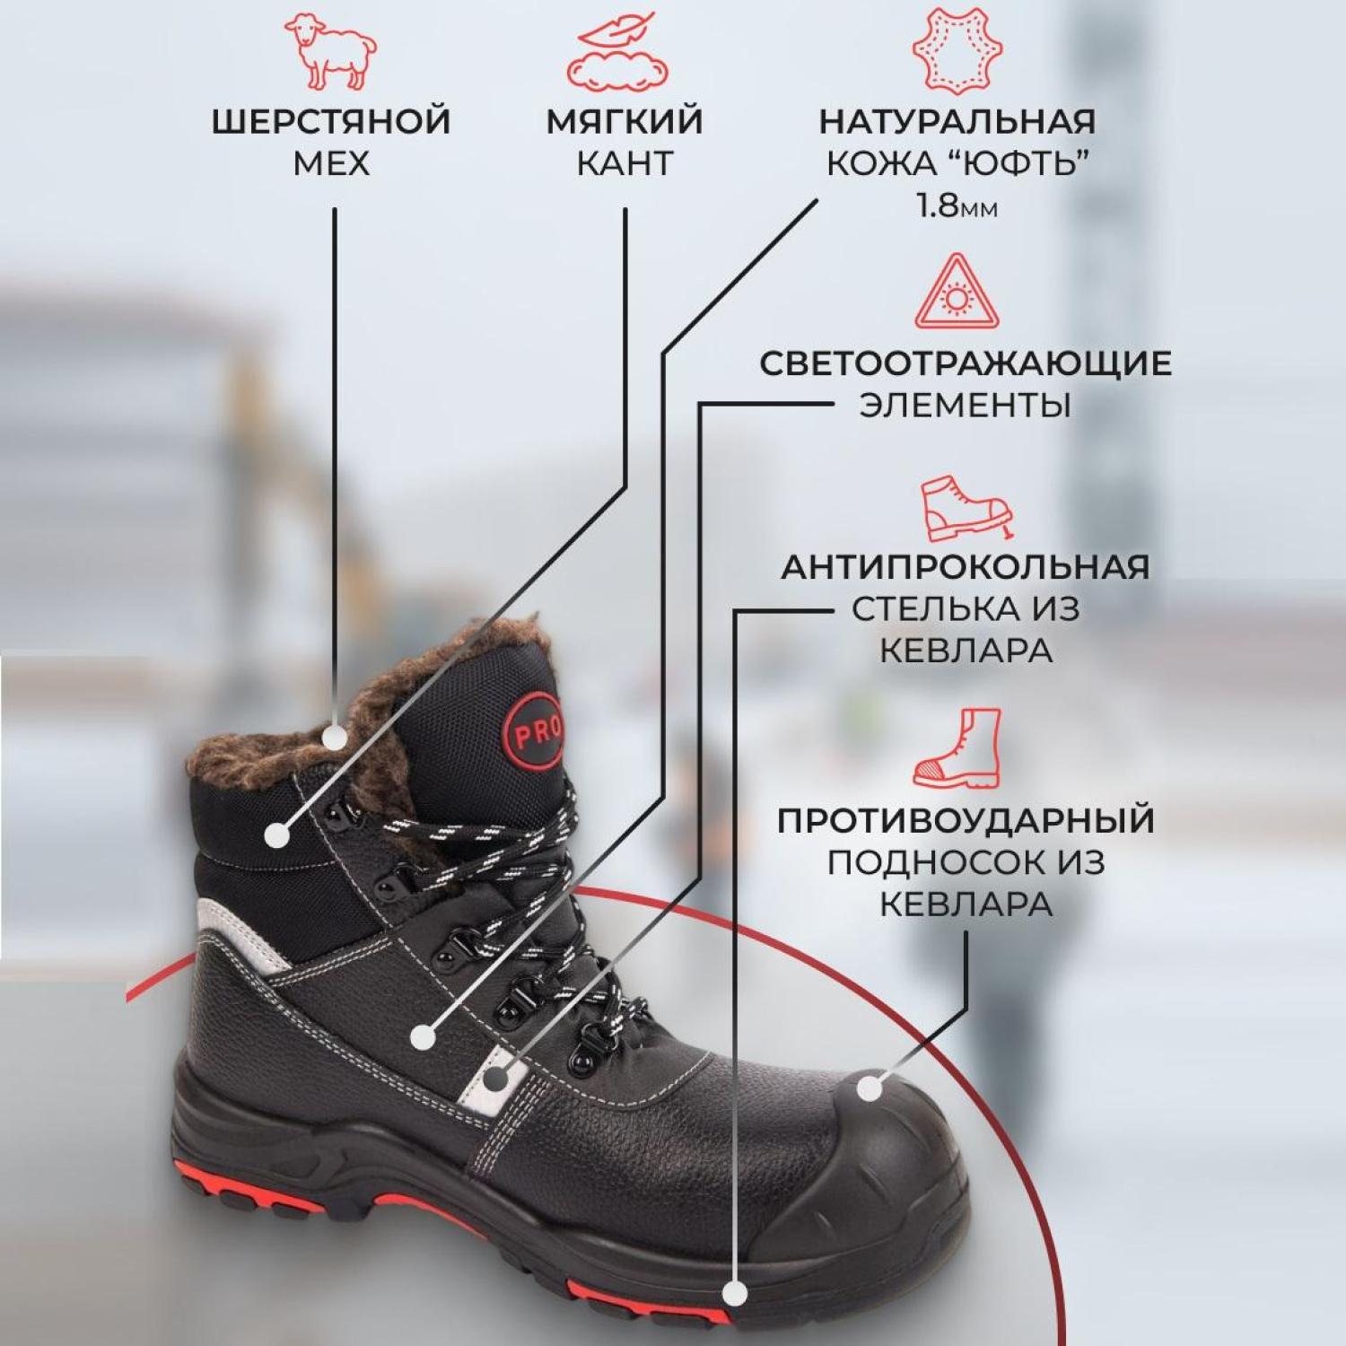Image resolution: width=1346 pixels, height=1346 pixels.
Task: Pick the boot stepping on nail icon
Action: coord(966,508)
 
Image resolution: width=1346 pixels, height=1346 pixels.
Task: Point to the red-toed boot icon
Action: coord(957,749)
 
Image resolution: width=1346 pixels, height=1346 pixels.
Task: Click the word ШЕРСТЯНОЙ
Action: coord(331,122)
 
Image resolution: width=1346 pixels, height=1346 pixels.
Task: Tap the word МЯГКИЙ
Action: coord(625,122)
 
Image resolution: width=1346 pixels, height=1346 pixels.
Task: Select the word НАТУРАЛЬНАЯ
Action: coord(957,122)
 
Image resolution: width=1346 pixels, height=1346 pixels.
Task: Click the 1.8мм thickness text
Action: coord(957,205)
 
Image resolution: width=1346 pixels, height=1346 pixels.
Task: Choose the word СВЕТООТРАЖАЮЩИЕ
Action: coord(966,363)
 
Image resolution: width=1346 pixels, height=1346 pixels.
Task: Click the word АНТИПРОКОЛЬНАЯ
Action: coord(966,567)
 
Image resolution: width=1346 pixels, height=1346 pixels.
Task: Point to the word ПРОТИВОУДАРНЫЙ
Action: coord(966,821)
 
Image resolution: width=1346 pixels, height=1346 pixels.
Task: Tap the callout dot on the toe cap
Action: coord(870,1088)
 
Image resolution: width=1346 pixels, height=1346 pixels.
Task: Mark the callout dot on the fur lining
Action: coord(335,738)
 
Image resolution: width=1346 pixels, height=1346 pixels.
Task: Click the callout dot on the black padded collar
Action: coord(277,835)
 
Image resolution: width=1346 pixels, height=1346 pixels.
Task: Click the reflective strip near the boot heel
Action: coord(240,933)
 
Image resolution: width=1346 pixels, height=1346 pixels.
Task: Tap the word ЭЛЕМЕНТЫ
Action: coord(966,406)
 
